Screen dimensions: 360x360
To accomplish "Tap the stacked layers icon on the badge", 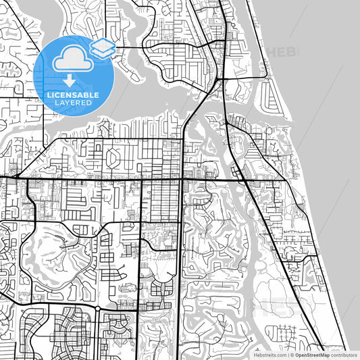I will pos(103,47).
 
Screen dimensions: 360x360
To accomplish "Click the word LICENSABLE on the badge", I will pos(72,95).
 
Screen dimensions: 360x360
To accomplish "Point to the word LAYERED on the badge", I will pos(72,103).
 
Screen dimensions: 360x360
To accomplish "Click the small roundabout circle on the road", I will pos(98,308).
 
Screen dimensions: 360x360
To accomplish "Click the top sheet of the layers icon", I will pos(103,44).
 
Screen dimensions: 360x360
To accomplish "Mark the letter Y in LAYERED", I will pos(68,103).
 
